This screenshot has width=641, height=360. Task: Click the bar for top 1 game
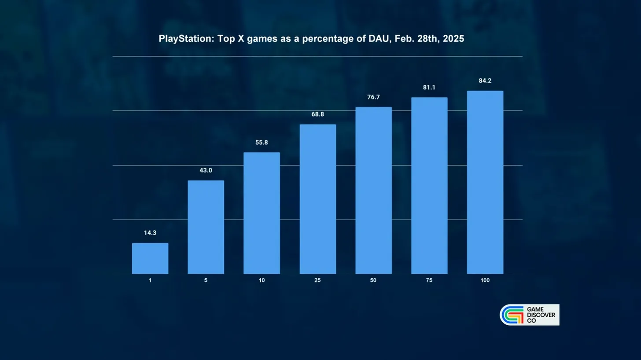[x=150, y=258]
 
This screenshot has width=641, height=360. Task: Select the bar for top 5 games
[x=206, y=227]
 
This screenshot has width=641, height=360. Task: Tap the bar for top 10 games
[x=262, y=213]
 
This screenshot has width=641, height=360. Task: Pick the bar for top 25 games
[x=317, y=199]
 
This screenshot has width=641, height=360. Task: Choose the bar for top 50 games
[x=373, y=190]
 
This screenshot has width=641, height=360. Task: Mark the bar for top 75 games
[x=429, y=185]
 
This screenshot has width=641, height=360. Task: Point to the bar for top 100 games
[x=485, y=182]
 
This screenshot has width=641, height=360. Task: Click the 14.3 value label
[x=150, y=233]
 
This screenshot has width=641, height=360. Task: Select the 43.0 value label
[x=206, y=170]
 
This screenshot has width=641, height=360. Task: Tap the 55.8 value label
[x=262, y=143]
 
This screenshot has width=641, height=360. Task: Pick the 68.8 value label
[x=317, y=114]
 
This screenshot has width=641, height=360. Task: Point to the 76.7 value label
[x=373, y=97]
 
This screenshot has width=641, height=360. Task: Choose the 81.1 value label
[x=429, y=88]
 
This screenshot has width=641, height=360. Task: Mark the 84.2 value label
[x=485, y=81]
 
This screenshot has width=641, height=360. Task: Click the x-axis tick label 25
[x=317, y=280]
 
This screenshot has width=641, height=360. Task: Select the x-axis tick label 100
[x=485, y=280]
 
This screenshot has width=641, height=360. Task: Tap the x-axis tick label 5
[x=206, y=280]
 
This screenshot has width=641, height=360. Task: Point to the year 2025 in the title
[x=453, y=39]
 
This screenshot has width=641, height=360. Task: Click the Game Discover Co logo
[x=529, y=315]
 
